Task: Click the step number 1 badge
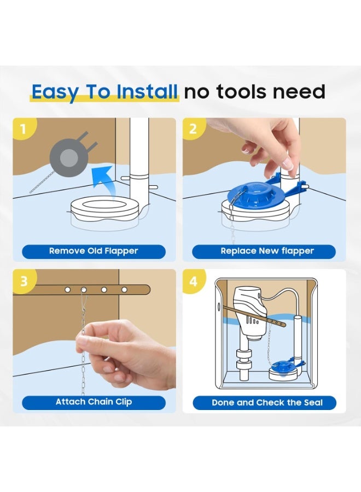pyautogui.click(x=23, y=128)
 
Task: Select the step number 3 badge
pyautogui.click(x=24, y=280)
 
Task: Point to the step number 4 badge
pyautogui.click(x=194, y=280)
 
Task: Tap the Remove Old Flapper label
pyautogui.click(x=94, y=251)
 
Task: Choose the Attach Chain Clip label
pyautogui.click(x=94, y=402)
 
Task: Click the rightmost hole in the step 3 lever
pyautogui.click(x=124, y=290)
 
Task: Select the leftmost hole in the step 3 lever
pyautogui.click(x=67, y=290)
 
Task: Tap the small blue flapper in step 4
pyautogui.click(x=282, y=366)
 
